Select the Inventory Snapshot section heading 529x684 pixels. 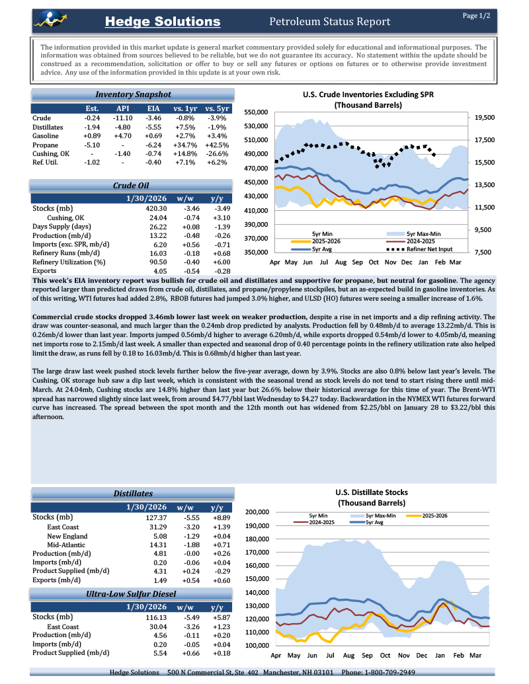click(133, 95)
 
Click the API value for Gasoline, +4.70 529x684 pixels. click(122, 135)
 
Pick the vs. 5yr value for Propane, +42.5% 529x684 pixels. click(216, 145)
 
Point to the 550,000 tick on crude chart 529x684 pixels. click(255, 112)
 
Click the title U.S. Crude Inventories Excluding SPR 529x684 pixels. click(368, 95)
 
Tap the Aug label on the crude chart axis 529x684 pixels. click(341, 262)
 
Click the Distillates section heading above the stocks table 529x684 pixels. click(133, 494)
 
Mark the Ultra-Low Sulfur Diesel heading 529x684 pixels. click(131, 594)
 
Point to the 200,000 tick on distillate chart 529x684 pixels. click(255, 512)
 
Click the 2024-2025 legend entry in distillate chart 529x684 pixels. click(318, 522)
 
